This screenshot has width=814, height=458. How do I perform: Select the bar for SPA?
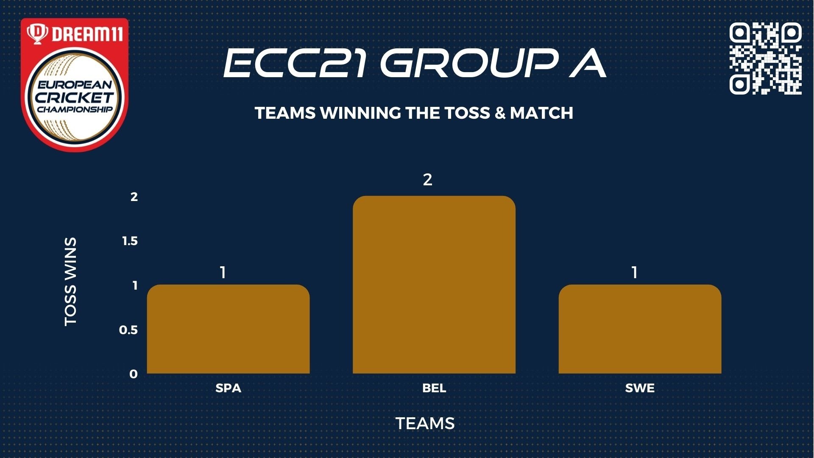point(228,329)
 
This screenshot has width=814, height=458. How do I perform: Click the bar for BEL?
point(434,285)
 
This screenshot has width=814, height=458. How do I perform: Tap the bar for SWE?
point(640,329)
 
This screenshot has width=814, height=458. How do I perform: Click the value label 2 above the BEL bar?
point(427,180)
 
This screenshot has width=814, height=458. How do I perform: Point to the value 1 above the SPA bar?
point(223,273)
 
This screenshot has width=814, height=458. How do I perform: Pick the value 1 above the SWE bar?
point(635,273)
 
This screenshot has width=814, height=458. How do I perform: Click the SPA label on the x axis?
point(228,388)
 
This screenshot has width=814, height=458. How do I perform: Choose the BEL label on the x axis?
point(434,388)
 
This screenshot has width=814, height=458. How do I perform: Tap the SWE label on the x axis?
point(640,388)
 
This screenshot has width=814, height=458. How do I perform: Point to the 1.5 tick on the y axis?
point(130,241)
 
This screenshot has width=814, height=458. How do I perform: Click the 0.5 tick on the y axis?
point(128,330)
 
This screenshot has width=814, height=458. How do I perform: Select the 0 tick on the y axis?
point(134,374)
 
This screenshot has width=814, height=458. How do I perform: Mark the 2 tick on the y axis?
point(134,197)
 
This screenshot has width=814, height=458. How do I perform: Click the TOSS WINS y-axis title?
point(70,282)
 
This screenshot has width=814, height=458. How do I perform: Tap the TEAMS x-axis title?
point(425,424)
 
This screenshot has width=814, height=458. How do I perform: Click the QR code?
point(766,58)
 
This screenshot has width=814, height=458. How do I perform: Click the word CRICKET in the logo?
point(75,98)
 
